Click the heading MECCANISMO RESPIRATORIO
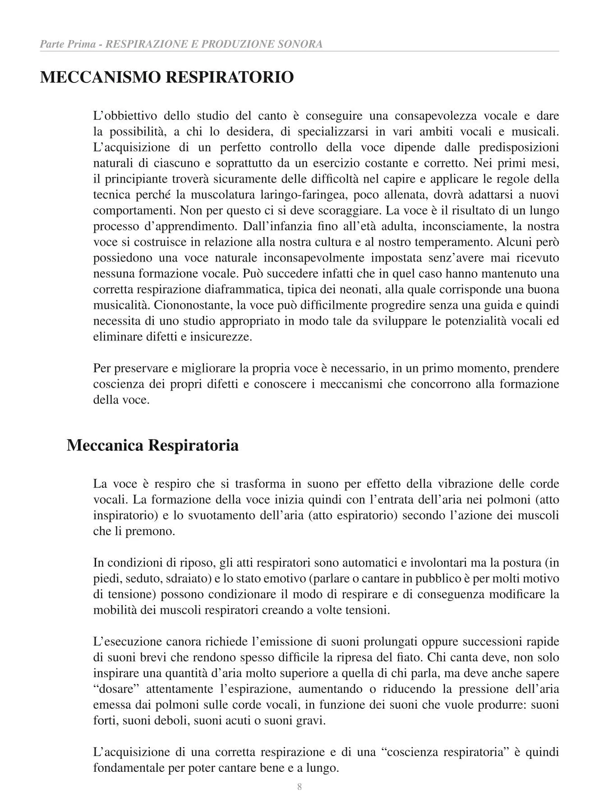[167, 77]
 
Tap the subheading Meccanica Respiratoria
[152, 445]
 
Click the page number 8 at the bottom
[299, 787]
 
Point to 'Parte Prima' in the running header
[67, 44]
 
